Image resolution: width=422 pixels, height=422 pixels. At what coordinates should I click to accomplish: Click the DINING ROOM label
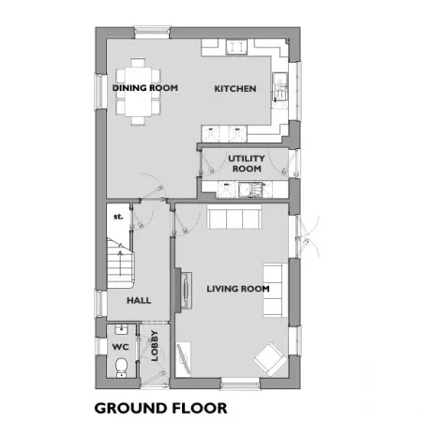(x=145, y=88)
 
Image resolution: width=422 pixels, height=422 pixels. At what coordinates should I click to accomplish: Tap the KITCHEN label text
(x=235, y=89)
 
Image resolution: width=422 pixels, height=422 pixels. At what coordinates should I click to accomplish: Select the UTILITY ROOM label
(x=247, y=163)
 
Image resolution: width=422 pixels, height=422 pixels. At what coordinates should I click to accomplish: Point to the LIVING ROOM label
(x=238, y=289)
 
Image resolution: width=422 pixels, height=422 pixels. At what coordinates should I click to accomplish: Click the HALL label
(x=139, y=300)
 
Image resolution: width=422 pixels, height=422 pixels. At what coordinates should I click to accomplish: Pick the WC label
(x=120, y=347)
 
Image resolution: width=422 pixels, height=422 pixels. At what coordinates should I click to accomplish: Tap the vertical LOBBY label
(x=155, y=346)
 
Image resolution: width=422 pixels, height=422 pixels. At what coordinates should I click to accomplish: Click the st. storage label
(x=118, y=217)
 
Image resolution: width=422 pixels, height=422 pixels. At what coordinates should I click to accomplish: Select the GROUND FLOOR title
(x=160, y=408)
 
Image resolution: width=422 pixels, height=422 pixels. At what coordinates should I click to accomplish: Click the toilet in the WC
(x=121, y=368)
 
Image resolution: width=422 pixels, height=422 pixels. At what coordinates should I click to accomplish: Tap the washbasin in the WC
(x=121, y=329)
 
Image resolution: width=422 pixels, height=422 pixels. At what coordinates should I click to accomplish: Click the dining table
(x=138, y=92)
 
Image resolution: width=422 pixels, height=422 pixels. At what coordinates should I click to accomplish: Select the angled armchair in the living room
(x=270, y=359)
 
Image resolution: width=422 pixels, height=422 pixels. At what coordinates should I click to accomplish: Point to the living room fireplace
(x=185, y=291)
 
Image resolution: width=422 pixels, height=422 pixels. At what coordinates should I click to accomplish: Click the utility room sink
(x=250, y=189)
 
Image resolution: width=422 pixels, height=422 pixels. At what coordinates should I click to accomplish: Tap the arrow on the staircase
(x=120, y=264)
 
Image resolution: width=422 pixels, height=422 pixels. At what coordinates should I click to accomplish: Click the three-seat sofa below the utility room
(x=234, y=217)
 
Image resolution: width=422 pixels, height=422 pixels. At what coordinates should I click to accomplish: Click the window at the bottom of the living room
(x=241, y=384)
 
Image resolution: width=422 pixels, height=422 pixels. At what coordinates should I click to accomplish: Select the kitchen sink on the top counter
(x=236, y=47)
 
